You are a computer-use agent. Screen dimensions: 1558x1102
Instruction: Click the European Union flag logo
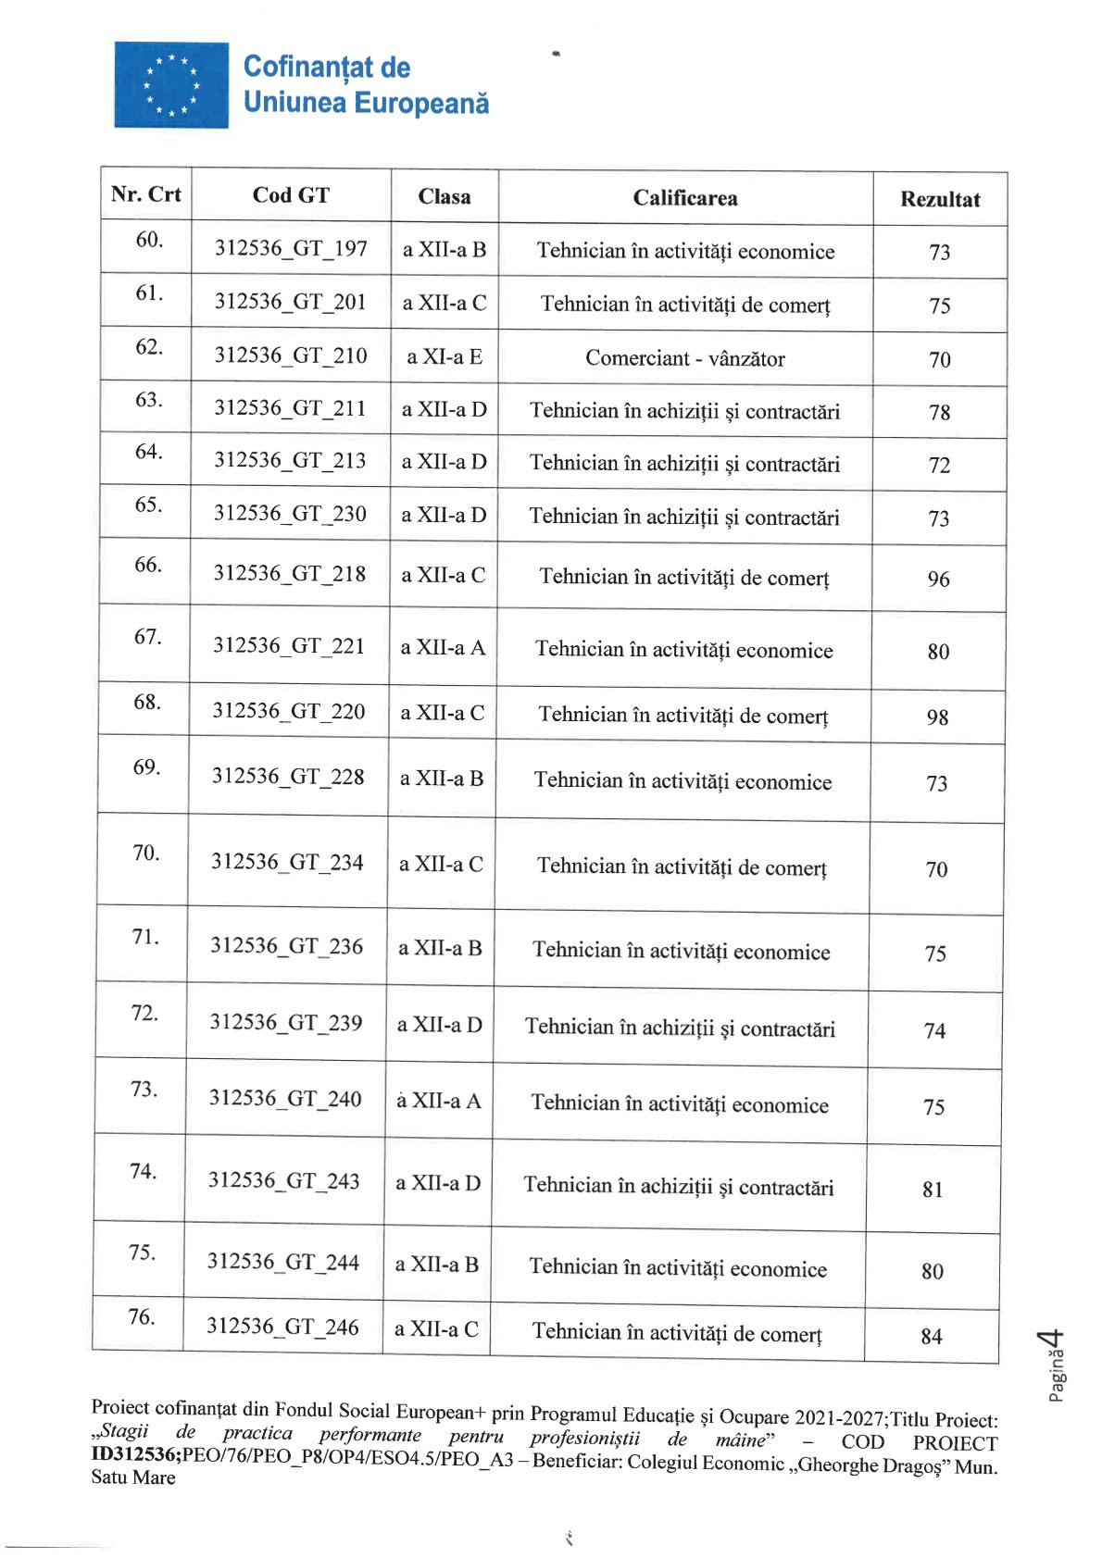coord(171,84)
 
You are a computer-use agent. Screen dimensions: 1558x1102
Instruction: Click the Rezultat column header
coord(939,199)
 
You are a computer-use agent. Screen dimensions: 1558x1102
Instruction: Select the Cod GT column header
coord(291,195)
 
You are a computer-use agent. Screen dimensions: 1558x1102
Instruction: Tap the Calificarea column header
coord(685,198)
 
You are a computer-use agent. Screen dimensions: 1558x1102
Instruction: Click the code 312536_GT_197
coord(291,249)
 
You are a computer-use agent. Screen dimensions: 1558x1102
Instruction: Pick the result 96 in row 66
coord(938,580)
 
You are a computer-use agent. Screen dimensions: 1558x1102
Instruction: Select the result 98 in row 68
coord(937,717)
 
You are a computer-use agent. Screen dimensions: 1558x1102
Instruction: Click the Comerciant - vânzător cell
coord(685,358)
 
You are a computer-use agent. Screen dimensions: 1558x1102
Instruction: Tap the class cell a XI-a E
coord(445,356)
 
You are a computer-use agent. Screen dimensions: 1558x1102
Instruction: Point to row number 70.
coord(146,853)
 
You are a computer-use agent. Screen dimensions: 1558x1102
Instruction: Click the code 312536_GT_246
coord(282,1327)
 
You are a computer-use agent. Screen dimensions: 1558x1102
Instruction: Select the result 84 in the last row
coord(931,1337)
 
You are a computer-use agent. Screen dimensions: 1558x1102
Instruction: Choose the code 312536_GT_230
coord(290,514)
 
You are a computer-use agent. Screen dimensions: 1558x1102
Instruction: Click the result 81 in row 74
coord(933,1190)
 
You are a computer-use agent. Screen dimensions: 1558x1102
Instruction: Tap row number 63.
coord(148,400)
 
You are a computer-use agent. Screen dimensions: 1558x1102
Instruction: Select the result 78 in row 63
coord(939,413)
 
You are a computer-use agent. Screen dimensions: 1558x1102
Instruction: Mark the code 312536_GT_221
coord(289,645)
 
